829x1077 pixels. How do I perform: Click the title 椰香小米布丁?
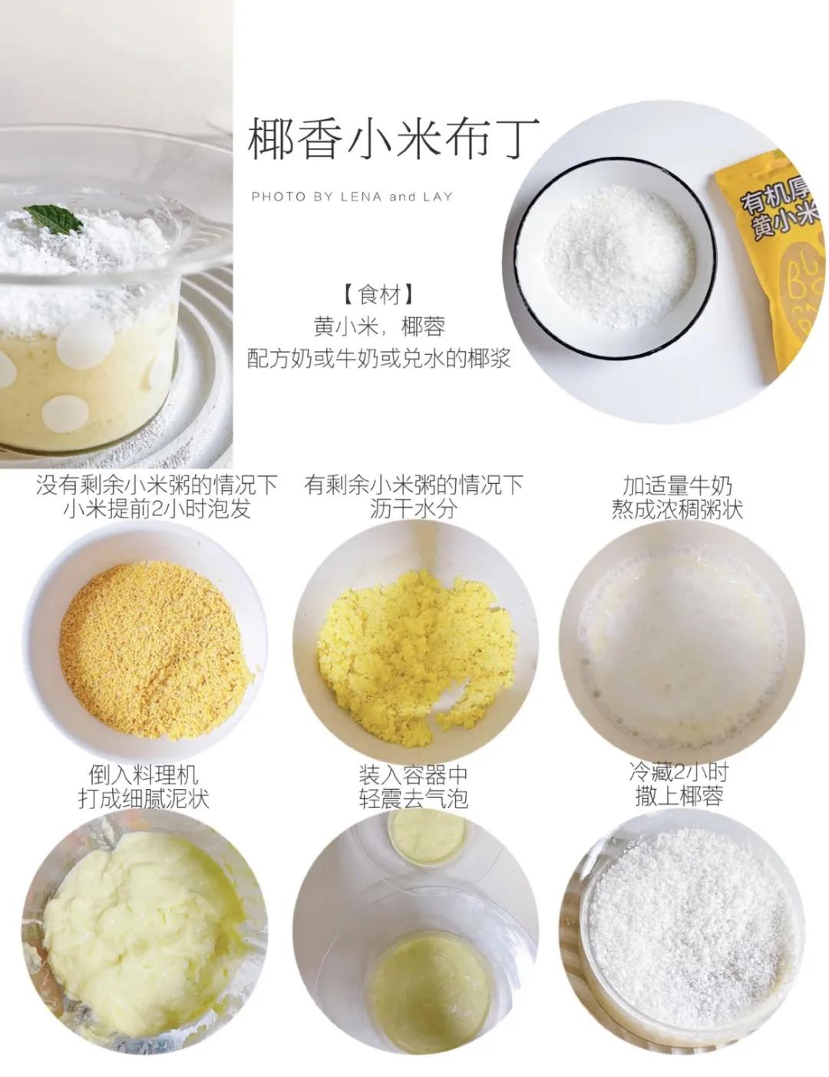394,140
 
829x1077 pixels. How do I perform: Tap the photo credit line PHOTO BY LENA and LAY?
352,197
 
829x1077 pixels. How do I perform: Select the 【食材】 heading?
379,294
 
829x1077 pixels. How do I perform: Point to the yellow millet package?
775,254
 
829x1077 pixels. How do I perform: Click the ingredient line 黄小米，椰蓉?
379,326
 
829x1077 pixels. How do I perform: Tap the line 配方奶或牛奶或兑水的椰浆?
379,358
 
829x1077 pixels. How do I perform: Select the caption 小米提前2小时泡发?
157,509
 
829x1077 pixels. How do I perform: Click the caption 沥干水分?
413,509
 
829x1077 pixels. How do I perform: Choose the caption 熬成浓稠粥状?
678,509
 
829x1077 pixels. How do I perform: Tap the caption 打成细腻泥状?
144,799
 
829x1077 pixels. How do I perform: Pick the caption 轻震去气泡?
413,799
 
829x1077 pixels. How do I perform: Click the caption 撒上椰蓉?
679,797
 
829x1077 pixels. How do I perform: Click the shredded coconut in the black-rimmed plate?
618,254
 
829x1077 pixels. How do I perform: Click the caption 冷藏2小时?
679,771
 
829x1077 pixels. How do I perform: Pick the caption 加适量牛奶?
678,485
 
